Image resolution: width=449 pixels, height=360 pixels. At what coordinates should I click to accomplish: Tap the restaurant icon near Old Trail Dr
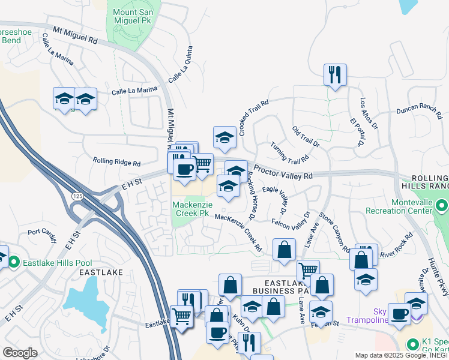[x=335, y=75]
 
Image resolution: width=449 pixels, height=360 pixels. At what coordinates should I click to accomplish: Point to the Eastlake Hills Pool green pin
[x=13, y=262]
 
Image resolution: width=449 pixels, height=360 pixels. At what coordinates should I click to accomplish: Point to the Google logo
[x=20, y=353]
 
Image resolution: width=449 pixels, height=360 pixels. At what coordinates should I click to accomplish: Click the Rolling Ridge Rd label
[x=116, y=162]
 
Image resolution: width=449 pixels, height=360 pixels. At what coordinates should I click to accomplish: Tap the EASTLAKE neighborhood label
[x=101, y=272]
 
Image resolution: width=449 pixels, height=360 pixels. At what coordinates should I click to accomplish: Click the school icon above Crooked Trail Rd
[x=224, y=137]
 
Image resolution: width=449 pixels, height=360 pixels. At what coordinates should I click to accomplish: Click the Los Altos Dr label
[x=369, y=113]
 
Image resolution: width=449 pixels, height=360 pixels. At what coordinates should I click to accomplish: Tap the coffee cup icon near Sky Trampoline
[x=399, y=314]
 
